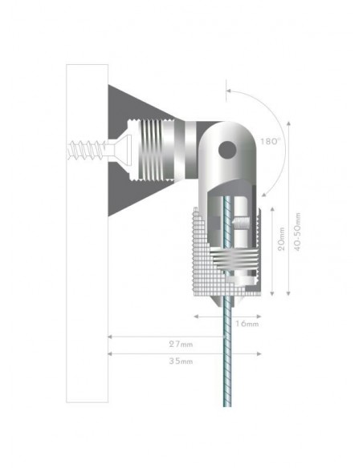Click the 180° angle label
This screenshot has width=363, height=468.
pyautogui.click(x=270, y=142)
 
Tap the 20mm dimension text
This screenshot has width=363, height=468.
pyautogui.click(x=281, y=239)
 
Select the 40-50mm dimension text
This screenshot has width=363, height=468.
pyautogui.click(x=297, y=232)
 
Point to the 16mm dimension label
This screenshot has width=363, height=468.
pyautogui.click(x=247, y=324)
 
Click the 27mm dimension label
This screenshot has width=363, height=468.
pyautogui.click(x=181, y=344)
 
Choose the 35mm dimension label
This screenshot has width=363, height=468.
pyautogui.click(x=181, y=361)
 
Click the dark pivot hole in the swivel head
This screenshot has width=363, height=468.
pyautogui.click(x=227, y=150)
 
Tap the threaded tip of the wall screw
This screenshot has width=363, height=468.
pyautogui.click(x=69, y=150)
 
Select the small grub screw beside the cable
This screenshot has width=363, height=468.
pyautogui.click(x=241, y=223)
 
